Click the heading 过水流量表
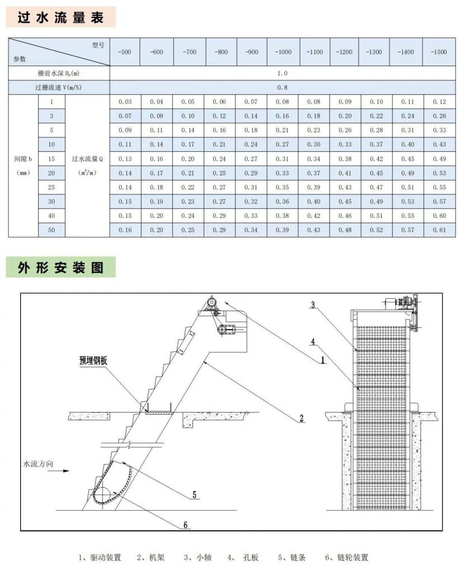(x=61, y=17)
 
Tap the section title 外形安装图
(x=61, y=267)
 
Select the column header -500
(x=125, y=52)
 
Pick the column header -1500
(x=439, y=52)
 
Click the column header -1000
(x=283, y=52)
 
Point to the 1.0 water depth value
(x=282, y=73)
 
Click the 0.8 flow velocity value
(x=282, y=87)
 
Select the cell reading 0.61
(x=439, y=230)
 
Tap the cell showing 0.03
(x=125, y=101)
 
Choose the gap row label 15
(x=51, y=159)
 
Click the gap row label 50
(x=51, y=230)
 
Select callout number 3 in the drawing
(x=313, y=304)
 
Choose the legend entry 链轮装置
(x=350, y=557)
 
